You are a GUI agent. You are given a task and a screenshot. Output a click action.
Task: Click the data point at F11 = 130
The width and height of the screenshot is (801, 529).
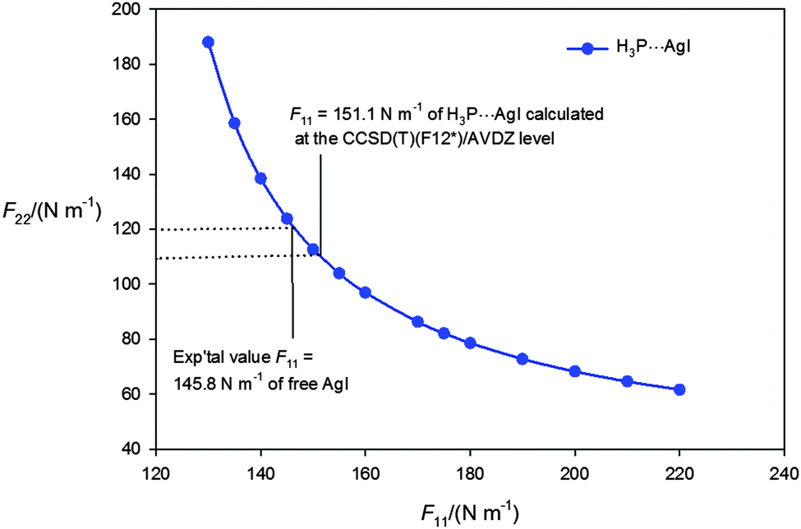[x=208, y=42]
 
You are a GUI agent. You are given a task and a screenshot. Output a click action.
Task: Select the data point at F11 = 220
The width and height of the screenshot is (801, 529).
[x=679, y=389]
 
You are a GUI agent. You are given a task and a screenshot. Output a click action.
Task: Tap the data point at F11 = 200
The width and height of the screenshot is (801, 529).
[x=575, y=371]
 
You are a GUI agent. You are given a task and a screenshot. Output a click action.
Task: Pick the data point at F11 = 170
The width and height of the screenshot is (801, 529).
[x=417, y=321]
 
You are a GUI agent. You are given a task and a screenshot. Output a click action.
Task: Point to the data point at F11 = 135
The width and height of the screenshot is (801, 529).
[x=234, y=123]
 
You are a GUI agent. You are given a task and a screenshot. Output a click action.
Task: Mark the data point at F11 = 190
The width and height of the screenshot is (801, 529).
[x=522, y=359]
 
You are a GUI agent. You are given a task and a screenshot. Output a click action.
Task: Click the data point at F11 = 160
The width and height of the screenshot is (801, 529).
[x=365, y=292]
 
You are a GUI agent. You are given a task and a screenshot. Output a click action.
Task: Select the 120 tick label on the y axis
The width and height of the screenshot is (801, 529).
[x=129, y=229]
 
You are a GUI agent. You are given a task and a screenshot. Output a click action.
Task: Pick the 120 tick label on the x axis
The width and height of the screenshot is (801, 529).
[x=156, y=476]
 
